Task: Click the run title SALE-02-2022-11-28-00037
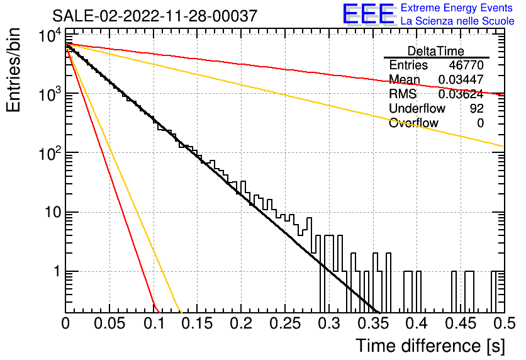click(x=155, y=16)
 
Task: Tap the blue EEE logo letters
click(x=368, y=14)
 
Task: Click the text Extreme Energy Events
click(x=457, y=8)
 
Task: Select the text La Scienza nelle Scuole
click(x=457, y=21)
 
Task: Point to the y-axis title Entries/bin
click(x=13, y=70)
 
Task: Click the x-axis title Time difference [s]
click(x=430, y=346)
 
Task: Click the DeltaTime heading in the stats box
click(x=436, y=51)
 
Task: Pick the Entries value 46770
click(x=466, y=65)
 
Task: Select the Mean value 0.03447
click(x=461, y=79)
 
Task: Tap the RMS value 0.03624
click(x=461, y=94)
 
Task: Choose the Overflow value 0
click(x=480, y=123)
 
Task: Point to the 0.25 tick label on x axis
click(x=284, y=323)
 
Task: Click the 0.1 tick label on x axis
click(x=154, y=323)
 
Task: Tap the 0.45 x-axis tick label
click(x=461, y=323)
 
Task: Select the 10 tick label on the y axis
click(x=53, y=212)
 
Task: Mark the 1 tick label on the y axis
click(x=57, y=271)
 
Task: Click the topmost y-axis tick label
click(x=50, y=35)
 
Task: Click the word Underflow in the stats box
click(x=417, y=108)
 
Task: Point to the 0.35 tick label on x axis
click(x=372, y=323)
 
